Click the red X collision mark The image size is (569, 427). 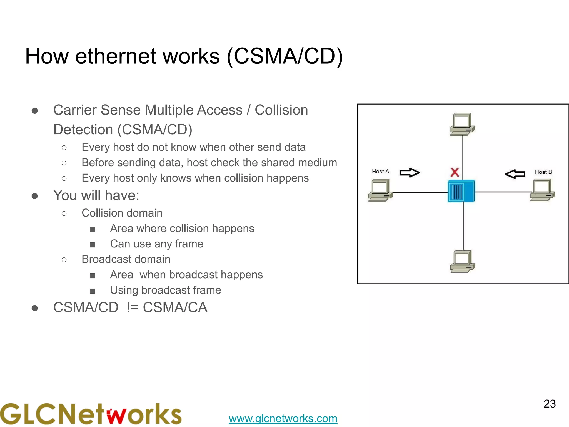tap(455, 172)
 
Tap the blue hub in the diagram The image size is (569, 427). tap(461, 191)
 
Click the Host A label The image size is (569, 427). tap(380, 172)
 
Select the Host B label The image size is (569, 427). tap(543, 172)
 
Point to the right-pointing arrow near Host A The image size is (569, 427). tap(410, 173)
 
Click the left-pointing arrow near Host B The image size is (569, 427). tap(515, 174)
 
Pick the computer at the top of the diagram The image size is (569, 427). tap(462, 124)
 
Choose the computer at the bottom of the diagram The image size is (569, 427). tap(462, 261)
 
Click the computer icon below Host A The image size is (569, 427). tap(380, 190)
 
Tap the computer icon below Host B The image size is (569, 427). tap(542, 190)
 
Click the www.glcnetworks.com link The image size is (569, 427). tap(283, 418)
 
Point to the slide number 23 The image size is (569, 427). tap(549, 404)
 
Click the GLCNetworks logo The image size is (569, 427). tap(91, 414)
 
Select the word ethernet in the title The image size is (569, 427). tap(116, 56)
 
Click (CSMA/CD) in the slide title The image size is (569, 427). tap(285, 56)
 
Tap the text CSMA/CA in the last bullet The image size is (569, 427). tap(175, 307)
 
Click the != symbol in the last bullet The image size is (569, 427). tap(133, 307)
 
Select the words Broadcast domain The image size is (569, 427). tap(126, 259)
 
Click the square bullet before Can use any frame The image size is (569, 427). tap(93, 245)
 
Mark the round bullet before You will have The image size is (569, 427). tap(35, 196)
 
